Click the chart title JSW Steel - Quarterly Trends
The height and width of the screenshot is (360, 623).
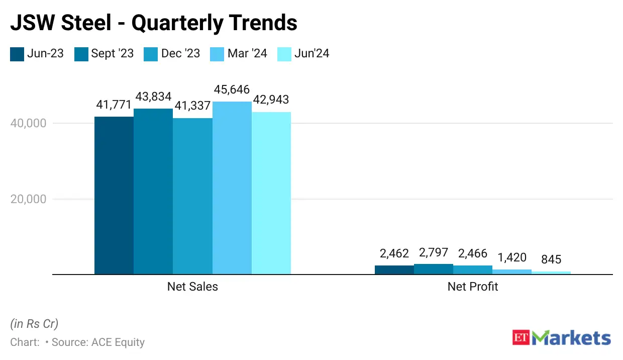tap(154, 23)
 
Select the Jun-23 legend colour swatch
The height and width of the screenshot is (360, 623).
tap(17, 54)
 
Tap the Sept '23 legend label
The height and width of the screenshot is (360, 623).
tap(112, 53)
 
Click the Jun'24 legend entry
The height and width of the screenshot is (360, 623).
tap(303, 53)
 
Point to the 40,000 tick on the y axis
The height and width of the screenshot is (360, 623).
tap(29, 123)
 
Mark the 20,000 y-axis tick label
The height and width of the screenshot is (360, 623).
tap(29, 199)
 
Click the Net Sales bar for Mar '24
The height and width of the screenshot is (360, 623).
tap(232, 188)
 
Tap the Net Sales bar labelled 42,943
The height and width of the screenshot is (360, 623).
tap(271, 193)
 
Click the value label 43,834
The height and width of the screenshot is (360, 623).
tap(153, 97)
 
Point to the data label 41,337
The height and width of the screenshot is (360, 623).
tap(192, 106)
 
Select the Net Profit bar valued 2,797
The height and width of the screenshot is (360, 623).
tap(433, 269)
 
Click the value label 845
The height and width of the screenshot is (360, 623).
tap(551, 260)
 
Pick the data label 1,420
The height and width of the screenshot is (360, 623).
tap(512, 258)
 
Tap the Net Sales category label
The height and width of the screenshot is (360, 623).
tap(192, 287)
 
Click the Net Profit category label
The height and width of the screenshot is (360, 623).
tap(472, 287)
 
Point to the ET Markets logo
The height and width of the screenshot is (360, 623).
tap(561, 337)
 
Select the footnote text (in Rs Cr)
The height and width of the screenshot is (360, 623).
tap(34, 324)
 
